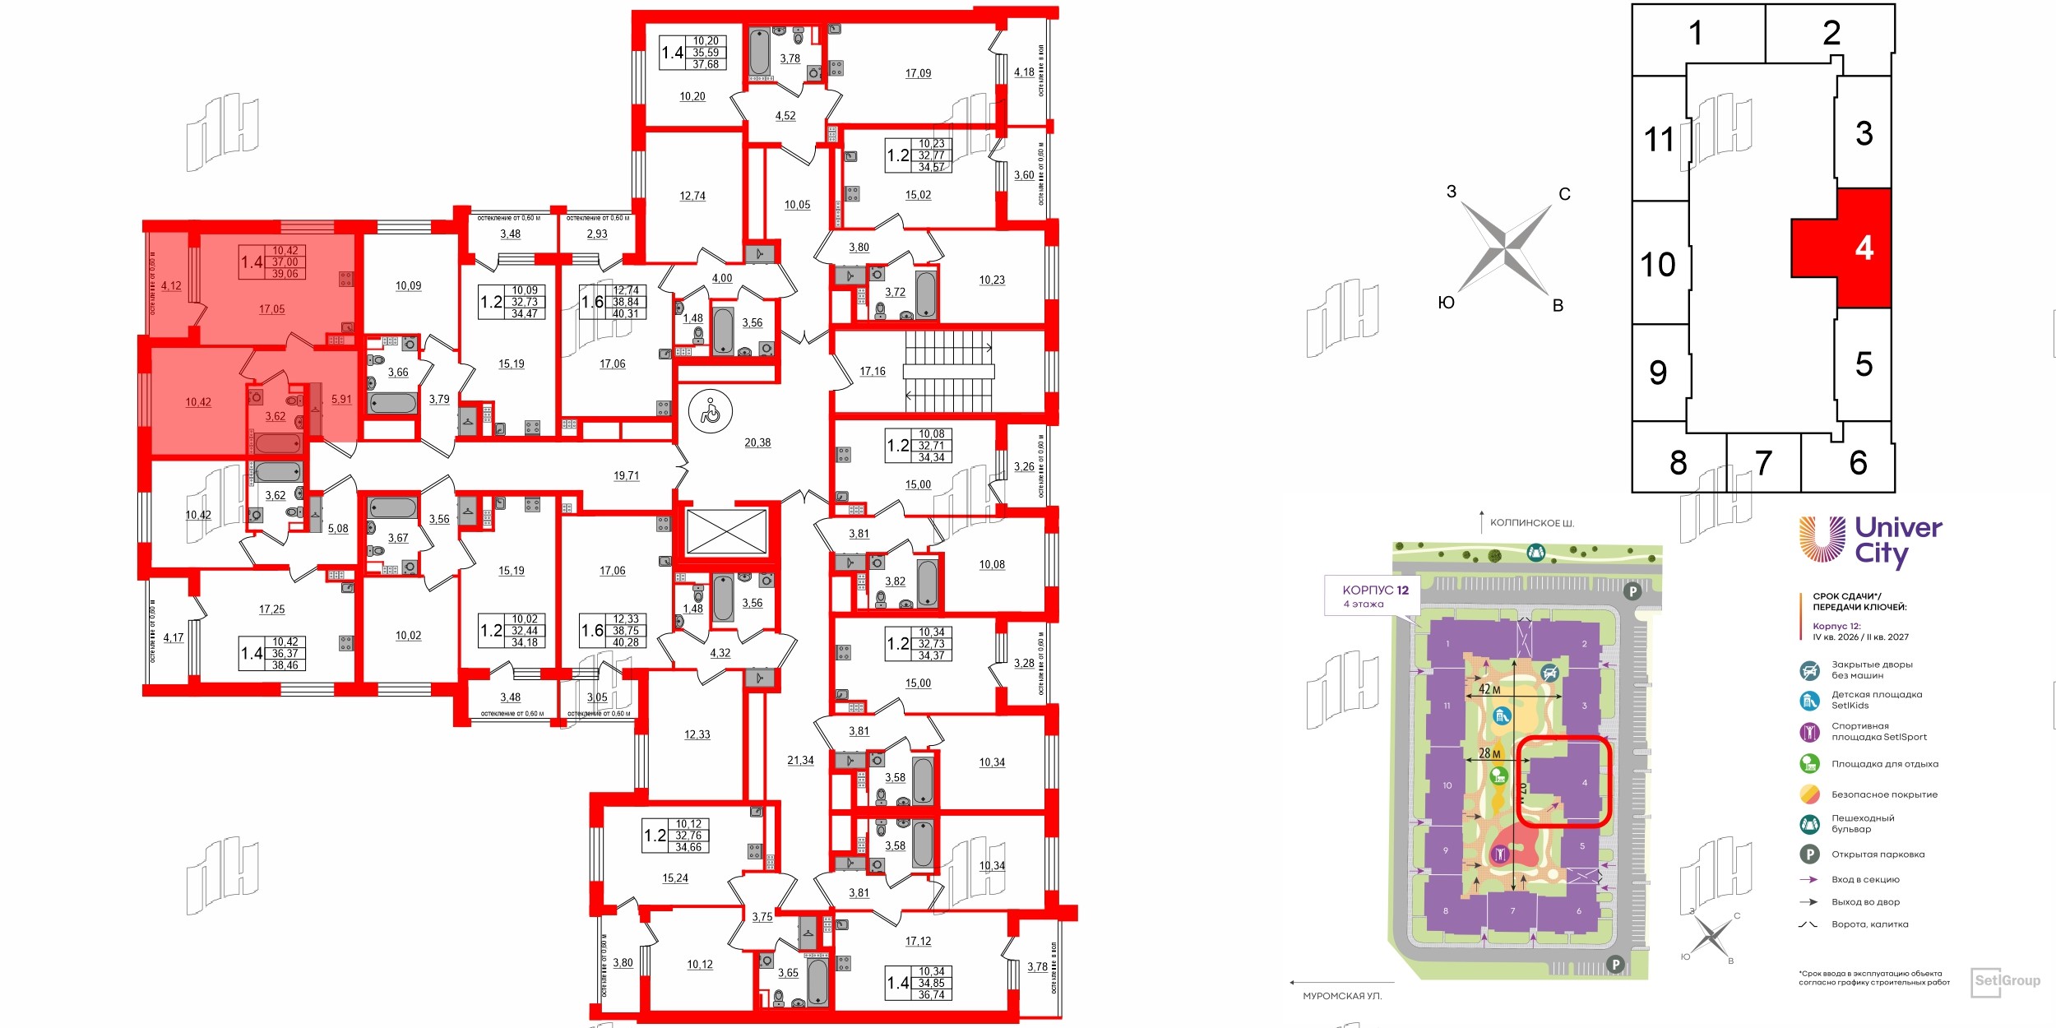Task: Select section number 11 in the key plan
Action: pyautogui.click(x=1658, y=139)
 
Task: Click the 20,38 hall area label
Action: pyautogui.click(x=757, y=442)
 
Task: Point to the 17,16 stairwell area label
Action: pyautogui.click(x=873, y=372)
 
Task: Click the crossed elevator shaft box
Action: pyautogui.click(x=726, y=532)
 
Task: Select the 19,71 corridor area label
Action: pyautogui.click(x=626, y=475)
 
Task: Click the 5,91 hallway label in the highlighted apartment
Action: pyautogui.click(x=341, y=400)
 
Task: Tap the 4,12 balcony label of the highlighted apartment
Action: pyautogui.click(x=171, y=286)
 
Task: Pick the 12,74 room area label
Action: pyautogui.click(x=692, y=196)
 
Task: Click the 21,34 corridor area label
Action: pyautogui.click(x=800, y=761)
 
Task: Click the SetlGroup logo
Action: pyautogui.click(x=2006, y=981)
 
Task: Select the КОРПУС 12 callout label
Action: pyautogui.click(x=1375, y=590)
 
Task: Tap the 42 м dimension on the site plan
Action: pyautogui.click(x=1489, y=689)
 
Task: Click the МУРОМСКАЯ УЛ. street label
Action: pyautogui.click(x=1342, y=996)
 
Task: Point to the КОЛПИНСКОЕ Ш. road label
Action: pyautogui.click(x=1532, y=523)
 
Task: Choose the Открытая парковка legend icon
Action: pyautogui.click(x=1809, y=854)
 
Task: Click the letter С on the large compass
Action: pyautogui.click(x=1564, y=194)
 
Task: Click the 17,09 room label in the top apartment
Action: pyautogui.click(x=918, y=73)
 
